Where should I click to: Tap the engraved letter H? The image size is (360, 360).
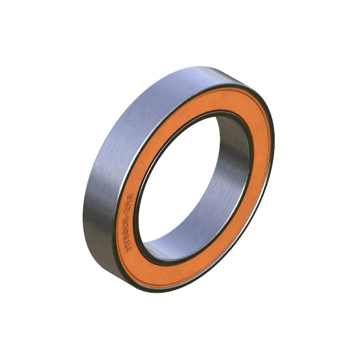(x=127, y=249)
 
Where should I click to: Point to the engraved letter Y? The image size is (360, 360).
(x=127, y=244)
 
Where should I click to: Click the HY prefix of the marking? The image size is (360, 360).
(x=127, y=246)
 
